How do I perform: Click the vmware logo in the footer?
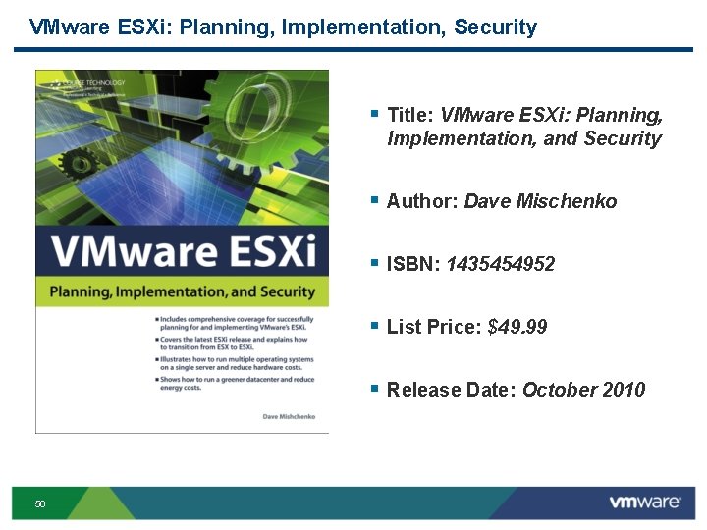pyautogui.click(x=644, y=503)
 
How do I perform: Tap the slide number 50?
pyautogui.click(x=40, y=504)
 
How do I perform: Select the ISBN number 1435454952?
pyautogui.click(x=500, y=264)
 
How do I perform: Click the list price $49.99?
pyautogui.click(x=517, y=327)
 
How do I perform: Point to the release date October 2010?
pyautogui.click(x=583, y=390)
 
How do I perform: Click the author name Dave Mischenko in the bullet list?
pyautogui.click(x=540, y=201)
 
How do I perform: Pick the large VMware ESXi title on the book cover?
pyautogui.click(x=184, y=251)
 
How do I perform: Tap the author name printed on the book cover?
pyautogui.click(x=290, y=416)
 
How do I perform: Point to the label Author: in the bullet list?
pyautogui.click(x=422, y=201)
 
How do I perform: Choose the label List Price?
pyautogui.click(x=434, y=327)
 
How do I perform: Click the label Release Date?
pyautogui.click(x=452, y=390)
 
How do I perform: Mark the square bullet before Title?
pyautogui.click(x=374, y=114)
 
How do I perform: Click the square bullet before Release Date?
pyautogui.click(x=374, y=389)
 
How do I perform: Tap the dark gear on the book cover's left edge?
pyautogui.click(x=72, y=163)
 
